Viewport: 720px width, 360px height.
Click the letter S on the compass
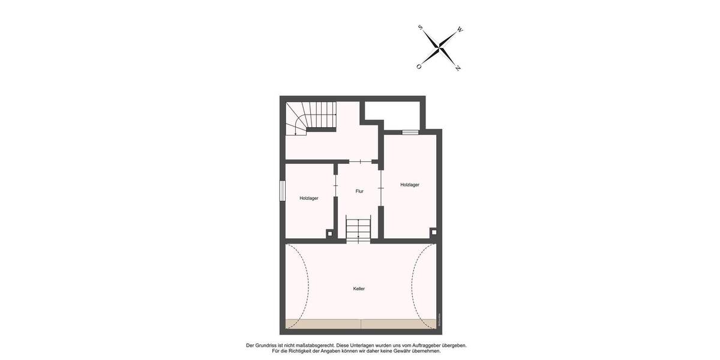click(420, 27)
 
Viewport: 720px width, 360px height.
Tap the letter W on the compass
click(460, 29)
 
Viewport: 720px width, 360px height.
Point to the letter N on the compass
click(458, 68)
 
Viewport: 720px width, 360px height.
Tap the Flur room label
click(359, 191)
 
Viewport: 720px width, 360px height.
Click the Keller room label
click(359, 289)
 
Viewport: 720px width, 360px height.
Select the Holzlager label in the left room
click(309, 198)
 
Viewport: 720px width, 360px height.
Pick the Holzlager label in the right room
click(410, 185)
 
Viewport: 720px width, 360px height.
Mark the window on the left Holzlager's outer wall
click(281, 191)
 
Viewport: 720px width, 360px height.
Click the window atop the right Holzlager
click(410, 132)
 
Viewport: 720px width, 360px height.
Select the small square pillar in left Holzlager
click(329, 233)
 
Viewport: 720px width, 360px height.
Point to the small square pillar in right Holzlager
click(433, 232)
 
